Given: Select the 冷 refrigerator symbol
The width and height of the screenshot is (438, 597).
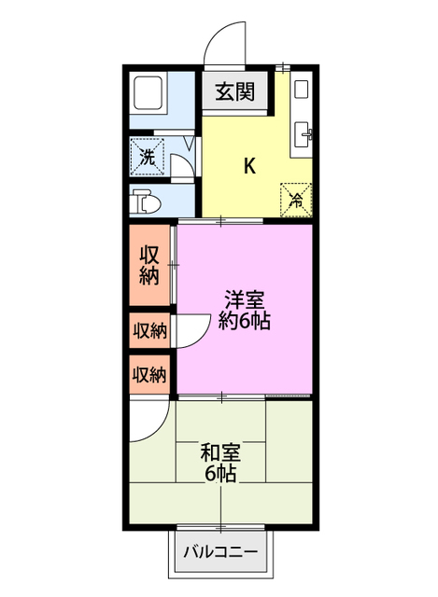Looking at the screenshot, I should [295, 198].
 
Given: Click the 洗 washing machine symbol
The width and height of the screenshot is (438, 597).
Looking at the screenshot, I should [148, 156].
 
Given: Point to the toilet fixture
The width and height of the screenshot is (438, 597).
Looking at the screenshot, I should [144, 201].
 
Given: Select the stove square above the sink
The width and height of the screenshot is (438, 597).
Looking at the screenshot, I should [301, 90].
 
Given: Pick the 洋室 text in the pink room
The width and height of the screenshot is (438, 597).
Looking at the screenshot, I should [244, 300].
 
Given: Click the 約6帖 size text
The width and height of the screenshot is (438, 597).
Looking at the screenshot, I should [244, 322].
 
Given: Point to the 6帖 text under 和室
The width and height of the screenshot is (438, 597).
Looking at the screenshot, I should [220, 474].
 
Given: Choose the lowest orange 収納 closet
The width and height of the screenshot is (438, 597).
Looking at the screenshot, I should [149, 376].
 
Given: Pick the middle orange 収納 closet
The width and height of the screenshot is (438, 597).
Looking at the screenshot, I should [149, 330].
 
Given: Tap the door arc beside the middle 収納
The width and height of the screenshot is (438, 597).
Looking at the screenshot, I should [190, 332].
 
